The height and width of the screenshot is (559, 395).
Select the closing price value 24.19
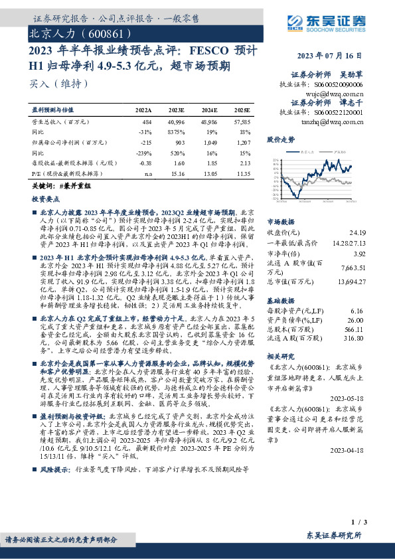pos(358,232)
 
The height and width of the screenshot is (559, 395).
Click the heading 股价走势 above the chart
pos(280,141)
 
